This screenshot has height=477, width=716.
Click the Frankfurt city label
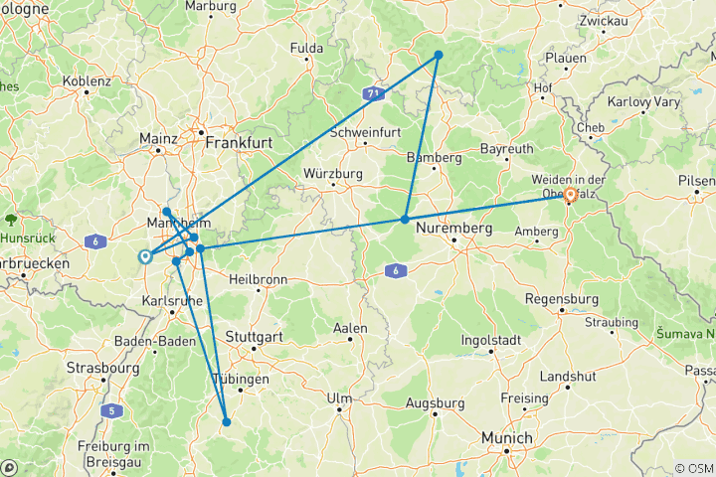click(239, 143)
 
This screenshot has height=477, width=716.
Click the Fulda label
click(306, 48)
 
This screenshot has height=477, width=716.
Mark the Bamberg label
click(435, 157)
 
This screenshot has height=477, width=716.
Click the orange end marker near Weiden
click(570, 195)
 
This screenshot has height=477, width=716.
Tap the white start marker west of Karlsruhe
click(145, 255)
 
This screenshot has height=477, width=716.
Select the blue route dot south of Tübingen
click(227, 421)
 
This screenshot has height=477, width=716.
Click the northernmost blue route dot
click(438, 55)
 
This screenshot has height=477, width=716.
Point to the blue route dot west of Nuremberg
click(405, 219)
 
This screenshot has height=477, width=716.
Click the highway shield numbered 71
click(372, 92)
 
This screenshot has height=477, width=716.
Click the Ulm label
click(340, 398)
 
